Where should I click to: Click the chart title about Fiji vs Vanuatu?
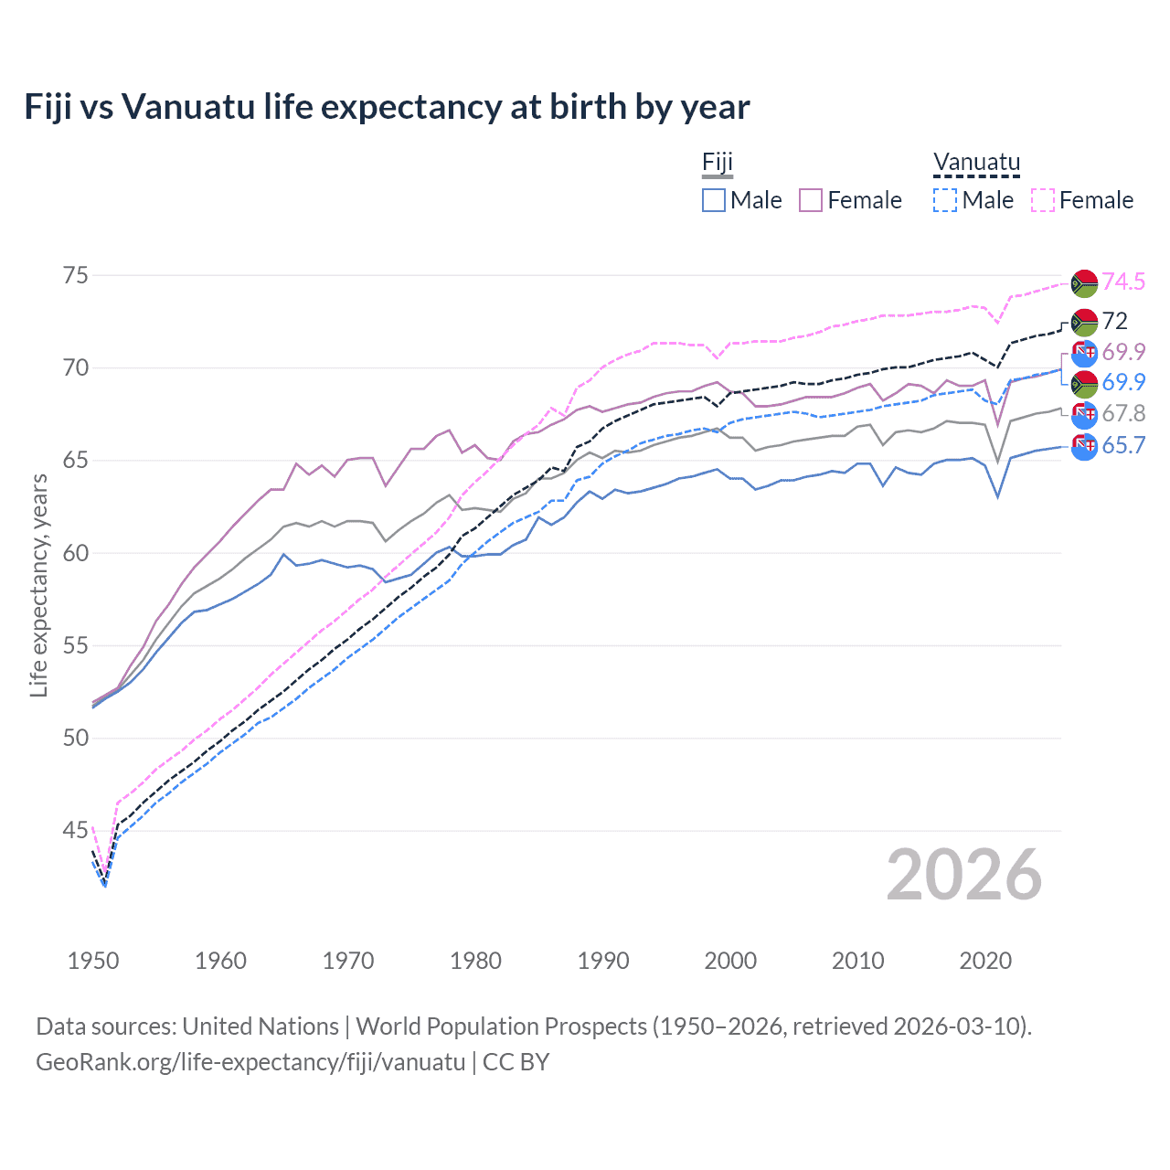pos(387,107)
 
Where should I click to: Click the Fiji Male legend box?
pos(714,200)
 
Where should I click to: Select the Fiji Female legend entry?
pos(851,200)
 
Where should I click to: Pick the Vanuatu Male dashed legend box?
pos(945,200)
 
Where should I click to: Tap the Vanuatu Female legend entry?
pos(1083,200)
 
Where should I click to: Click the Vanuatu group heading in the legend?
pos(976,163)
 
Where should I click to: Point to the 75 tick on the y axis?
pos(75,275)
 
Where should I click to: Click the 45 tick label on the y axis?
pos(75,830)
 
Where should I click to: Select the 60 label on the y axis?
pos(75,553)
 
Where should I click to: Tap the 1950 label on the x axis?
pos(93,961)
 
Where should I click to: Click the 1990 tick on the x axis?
pos(603,961)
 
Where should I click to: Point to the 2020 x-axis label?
pos(985,961)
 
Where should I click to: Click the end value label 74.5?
pos(1123,282)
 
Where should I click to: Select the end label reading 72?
pos(1115,321)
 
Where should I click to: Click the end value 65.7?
pos(1123,445)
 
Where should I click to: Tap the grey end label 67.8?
pos(1123,414)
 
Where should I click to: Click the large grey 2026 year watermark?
pos(964,875)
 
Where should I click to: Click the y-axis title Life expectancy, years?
pos(38,585)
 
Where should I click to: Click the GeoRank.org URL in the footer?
pos(250,1062)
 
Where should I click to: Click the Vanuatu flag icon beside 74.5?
pos(1084,282)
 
